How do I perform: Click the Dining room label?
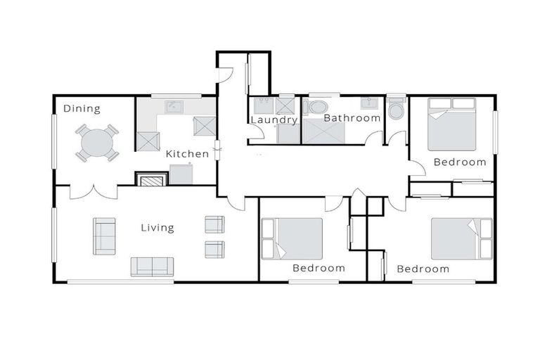point(82,108)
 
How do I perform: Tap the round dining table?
point(97,143)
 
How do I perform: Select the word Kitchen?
point(187,153)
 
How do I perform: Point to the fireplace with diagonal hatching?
point(150,180)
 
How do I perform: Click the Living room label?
point(157,227)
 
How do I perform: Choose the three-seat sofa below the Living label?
point(152,266)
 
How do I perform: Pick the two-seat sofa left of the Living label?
point(104,236)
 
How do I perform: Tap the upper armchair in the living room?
point(214,224)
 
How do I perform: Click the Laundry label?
point(274,120)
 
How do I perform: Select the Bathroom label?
point(352,118)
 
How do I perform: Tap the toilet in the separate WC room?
point(396,110)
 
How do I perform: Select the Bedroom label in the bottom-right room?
point(423,269)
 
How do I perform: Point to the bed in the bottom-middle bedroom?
point(292,238)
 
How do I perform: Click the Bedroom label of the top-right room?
point(459,162)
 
